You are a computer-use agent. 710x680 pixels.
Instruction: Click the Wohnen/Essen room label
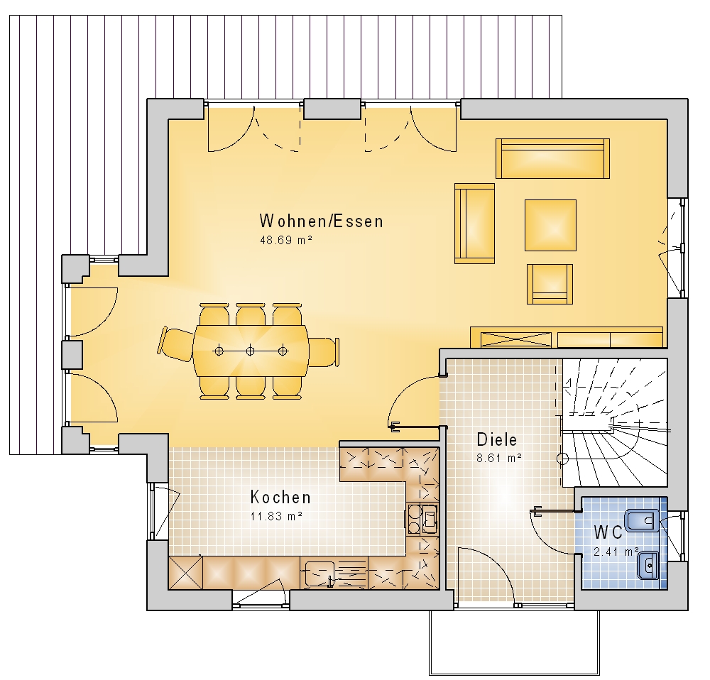[321, 221]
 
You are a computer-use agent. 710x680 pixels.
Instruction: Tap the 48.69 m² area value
[286, 240]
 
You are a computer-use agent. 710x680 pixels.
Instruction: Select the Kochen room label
[280, 497]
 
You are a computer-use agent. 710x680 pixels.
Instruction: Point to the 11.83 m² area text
[276, 516]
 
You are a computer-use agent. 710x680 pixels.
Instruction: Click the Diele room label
[497, 439]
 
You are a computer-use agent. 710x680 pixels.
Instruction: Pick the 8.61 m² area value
[499, 458]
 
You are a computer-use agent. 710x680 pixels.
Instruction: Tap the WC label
[608, 532]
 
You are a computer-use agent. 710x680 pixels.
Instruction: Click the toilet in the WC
[642, 520]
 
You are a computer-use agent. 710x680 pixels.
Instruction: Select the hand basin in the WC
[648, 564]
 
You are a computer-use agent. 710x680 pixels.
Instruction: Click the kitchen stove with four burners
[422, 519]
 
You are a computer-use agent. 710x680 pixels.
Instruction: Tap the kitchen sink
[319, 574]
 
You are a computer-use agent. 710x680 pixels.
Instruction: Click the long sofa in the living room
[552, 158]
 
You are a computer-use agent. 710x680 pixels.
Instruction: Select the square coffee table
[551, 225]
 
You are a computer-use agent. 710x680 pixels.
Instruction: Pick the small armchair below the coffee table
[550, 285]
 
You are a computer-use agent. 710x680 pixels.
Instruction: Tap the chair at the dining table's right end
[324, 351]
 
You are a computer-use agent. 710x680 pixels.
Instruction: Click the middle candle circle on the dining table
[251, 351]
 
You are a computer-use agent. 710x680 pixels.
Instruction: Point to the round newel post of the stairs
[562, 459]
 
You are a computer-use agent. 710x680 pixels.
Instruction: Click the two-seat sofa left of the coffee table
[474, 224]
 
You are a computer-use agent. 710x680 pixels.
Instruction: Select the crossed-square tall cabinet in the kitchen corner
[185, 573]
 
